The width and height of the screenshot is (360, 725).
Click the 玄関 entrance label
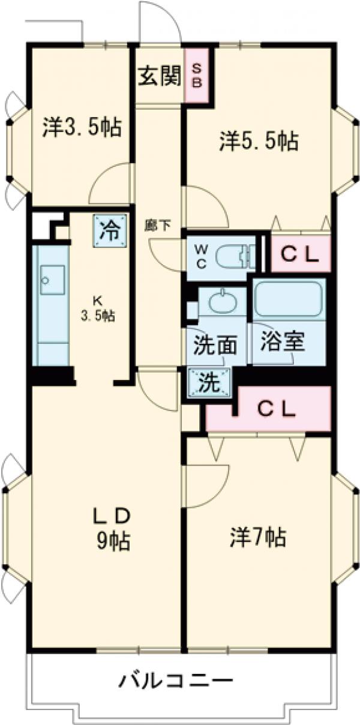160,77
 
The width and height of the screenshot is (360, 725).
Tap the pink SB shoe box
197,75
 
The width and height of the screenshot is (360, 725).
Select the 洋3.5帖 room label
82,127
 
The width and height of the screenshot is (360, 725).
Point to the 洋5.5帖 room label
259,140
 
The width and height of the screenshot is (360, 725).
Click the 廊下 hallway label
158,224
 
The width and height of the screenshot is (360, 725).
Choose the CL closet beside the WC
301,254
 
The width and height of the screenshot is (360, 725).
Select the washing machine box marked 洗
210,383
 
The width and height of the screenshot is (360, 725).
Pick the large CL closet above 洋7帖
268,409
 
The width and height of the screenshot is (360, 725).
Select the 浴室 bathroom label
283,341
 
